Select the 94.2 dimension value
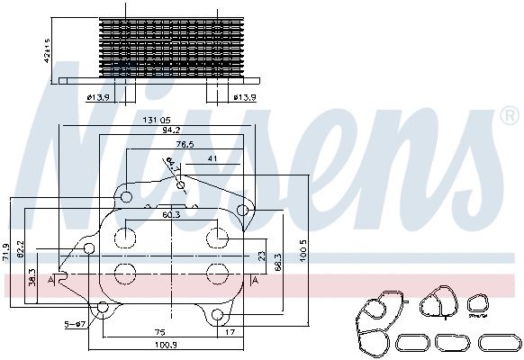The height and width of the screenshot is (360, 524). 171,131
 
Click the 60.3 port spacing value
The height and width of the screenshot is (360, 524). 171,214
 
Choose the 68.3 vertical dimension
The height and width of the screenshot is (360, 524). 278,261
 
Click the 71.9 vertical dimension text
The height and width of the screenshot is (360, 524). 7,251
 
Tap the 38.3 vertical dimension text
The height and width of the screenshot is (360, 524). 33,278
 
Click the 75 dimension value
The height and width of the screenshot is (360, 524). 158,331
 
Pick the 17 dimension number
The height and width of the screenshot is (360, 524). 230,331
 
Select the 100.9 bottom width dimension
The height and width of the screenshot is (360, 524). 165,345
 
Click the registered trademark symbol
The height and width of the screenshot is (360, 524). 509,116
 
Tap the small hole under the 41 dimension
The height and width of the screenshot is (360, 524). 182,186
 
